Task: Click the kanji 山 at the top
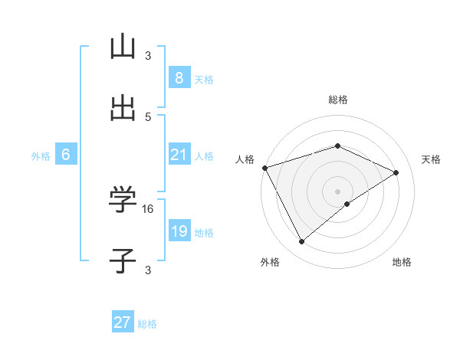pos(123,47)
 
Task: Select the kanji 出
pos(123,109)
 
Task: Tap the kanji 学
pos(123,200)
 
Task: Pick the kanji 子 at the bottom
pos(123,261)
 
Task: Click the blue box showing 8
pos(179,78)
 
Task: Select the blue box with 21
pos(179,155)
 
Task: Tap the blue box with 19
pos(179,231)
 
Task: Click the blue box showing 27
pos(123,322)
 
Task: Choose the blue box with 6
pos(66,155)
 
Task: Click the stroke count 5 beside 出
pos(148,116)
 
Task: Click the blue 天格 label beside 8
pos(204,79)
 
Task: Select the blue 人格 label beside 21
pos(204,155)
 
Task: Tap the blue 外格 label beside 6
pos(41,155)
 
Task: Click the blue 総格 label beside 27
pos(147,323)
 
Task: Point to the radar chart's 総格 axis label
pos(338,100)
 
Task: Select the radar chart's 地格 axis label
pos(402,262)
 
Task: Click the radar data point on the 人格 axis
pos(264,167)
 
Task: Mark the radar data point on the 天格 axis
pos(396,172)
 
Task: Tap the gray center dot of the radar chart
pos(338,191)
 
